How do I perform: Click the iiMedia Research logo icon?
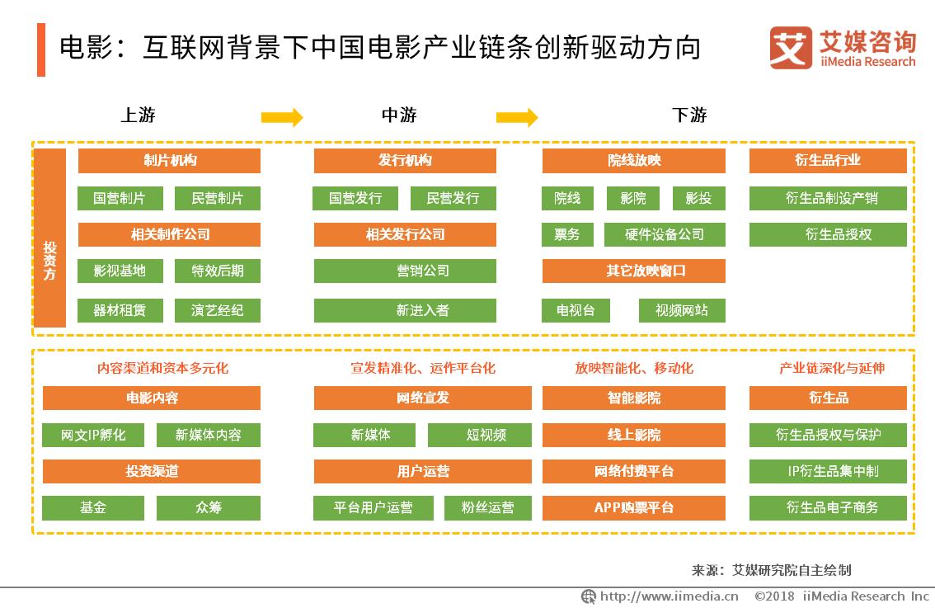[x=791, y=48]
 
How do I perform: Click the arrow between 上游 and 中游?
[x=282, y=118]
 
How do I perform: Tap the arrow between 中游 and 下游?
[x=517, y=118]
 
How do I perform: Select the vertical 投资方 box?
[x=50, y=238]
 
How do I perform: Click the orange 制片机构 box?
[x=169, y=161]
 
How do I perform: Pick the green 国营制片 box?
[x=119, y=198]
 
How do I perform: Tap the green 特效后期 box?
[x=218, y=271]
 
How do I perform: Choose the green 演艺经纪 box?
[x=218, y=310]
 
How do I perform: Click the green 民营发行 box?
[x=453, y=198]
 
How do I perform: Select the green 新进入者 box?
[x=405, y=310]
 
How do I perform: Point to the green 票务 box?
[x=566, y=234]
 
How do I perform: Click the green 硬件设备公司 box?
[x=665, y=234]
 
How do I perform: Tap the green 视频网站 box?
[x=682, y=310]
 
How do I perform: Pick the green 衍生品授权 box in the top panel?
[x=827, y=234]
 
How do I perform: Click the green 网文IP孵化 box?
[x=93, y=435]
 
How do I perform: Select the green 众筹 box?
[x=209, y=507]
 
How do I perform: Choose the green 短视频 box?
[x=486, y=435]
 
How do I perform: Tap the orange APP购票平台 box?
[x=633, y=507]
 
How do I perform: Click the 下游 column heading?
[x=689, y=115]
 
